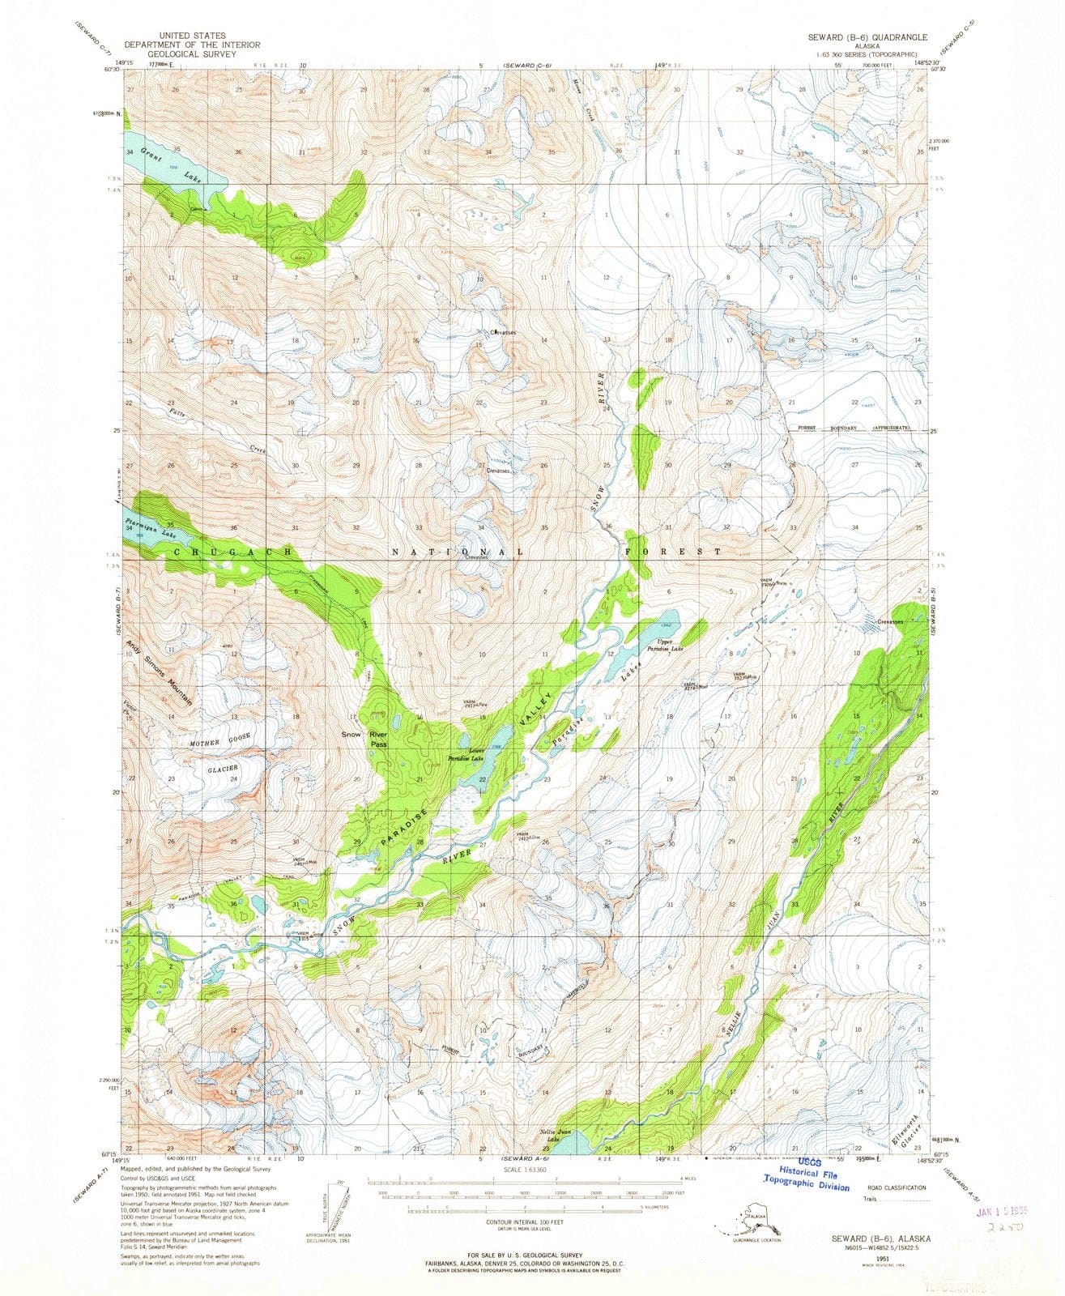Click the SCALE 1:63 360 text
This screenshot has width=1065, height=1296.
(x=525, y=1169)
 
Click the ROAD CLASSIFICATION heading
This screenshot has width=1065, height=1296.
(x=892, y=1187)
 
